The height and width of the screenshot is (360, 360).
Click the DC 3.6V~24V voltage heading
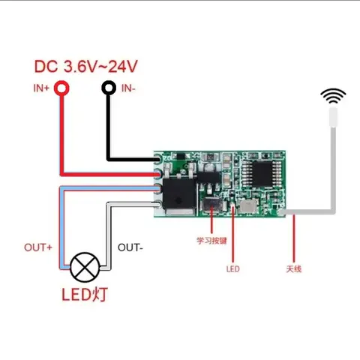tap(86, 67)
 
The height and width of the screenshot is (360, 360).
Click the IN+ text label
tap(41, 88)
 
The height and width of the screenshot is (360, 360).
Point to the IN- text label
tap(128, 88)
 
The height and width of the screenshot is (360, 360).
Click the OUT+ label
tap(38, 247)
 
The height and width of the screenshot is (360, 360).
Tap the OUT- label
tap(130, 247)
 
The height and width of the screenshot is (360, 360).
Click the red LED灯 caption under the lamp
tap(85, 294)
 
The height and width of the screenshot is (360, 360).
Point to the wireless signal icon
tap(333, 96)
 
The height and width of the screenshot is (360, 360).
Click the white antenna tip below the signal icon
tap(333, 117)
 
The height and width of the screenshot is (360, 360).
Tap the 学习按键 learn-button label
tap(211, 241)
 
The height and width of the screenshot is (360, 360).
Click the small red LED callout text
tap(233, 269)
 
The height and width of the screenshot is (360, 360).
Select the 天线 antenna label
tap(294, 269)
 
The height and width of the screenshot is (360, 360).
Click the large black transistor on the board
tap(179, 193)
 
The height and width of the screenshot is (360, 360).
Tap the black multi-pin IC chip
tap(262, 173)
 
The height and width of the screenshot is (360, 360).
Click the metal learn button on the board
tap(212, 205)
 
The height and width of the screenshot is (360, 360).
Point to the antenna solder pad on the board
tap(281, 212)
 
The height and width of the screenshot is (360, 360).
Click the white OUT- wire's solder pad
tap(157, 205)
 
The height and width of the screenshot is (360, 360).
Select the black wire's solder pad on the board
tap(158, 159)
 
